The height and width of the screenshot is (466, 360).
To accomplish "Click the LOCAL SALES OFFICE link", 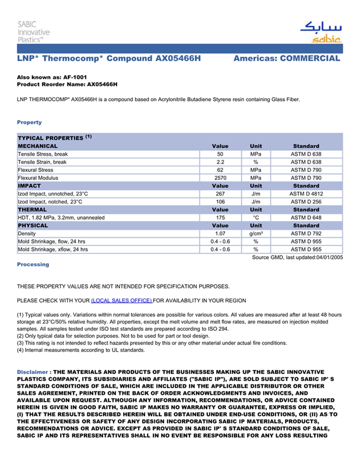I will (121, 300).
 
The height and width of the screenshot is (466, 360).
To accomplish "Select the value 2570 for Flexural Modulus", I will (220, 178).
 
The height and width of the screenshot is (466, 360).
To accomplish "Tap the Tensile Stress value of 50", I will (220, 154).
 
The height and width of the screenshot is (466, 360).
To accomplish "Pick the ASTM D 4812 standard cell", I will (306, 194).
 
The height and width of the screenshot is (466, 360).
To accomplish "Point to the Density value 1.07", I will (220, 234).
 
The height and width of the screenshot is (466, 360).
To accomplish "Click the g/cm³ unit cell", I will (256, 234).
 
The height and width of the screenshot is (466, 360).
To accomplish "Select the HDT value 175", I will (220, 218).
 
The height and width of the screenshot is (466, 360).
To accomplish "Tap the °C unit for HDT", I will (256, 218).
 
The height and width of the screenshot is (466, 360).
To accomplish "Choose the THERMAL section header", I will (32, 210).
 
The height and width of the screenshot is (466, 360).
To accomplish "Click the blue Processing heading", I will (33, 264).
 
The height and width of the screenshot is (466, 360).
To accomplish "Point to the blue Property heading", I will (29, 122).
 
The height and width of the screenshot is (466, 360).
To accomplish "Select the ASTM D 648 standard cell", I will (306, 218).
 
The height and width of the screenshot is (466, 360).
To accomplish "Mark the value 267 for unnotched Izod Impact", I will (220, 194).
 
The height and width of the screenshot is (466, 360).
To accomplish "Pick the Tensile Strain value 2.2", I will (220, 162).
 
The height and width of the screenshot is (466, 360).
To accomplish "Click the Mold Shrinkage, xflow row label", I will (53, 249).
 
